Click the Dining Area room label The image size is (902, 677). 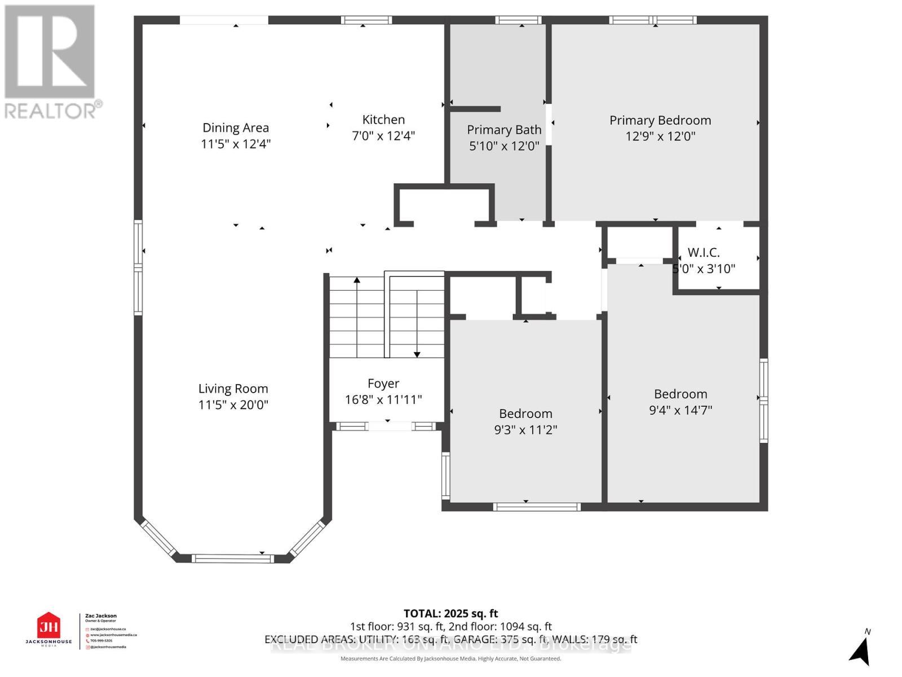[236, 128]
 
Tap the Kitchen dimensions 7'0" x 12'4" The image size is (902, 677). [383, 136]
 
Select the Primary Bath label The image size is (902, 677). [504, 130]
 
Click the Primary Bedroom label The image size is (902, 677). [660, 120]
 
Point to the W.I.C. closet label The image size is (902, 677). [704, 252]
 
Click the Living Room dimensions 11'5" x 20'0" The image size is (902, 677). [233, 405]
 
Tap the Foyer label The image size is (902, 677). [383, 384]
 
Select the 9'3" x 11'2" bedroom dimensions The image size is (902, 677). [525, 430]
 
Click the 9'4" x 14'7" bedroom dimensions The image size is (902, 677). [680, 410]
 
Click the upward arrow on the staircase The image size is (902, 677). [357, 280]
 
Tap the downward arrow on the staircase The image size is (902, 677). [417, 353]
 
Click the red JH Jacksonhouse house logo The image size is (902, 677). [48, 626]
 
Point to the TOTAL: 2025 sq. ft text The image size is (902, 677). [450, 613]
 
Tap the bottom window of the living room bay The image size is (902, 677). [232, 559]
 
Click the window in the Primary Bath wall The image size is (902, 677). [518, 20]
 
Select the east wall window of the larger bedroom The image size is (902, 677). [763, 400]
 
